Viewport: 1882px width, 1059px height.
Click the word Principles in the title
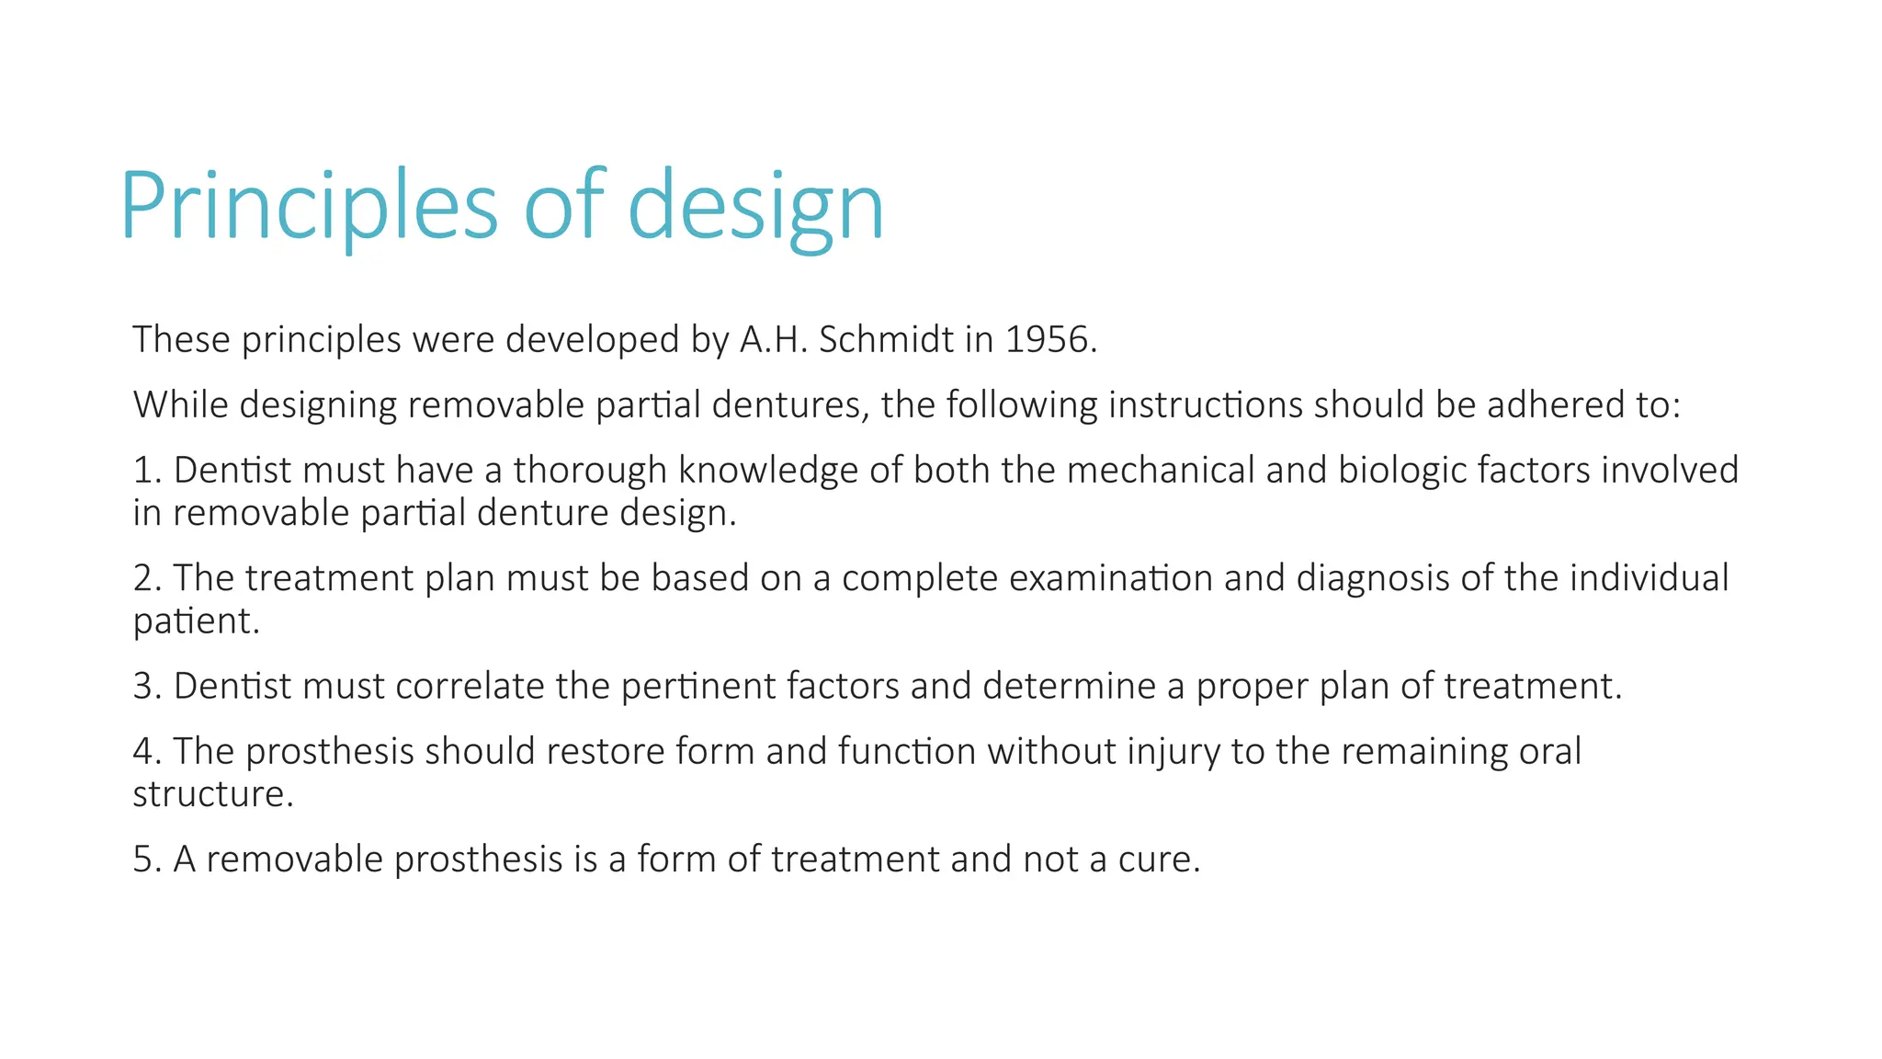[x=308, y=206]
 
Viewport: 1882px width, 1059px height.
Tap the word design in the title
[x=755, y=206]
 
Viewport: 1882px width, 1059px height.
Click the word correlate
[x=470, y=686]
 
